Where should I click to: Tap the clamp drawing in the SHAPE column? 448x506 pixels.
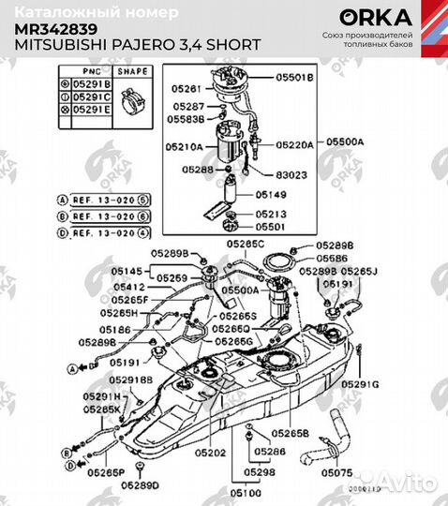click(x=130, y=96)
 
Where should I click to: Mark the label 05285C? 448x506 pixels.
click(x=246, y=243)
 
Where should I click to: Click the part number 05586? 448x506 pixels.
click(x=333, y=257)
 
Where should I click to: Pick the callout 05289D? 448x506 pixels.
click(x=142, y=484)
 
